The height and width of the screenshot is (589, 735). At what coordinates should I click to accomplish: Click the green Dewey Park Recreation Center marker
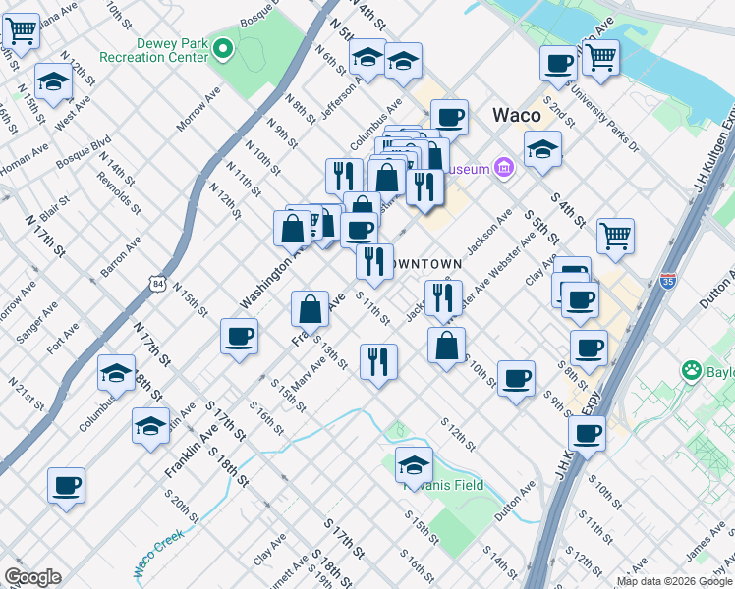223,46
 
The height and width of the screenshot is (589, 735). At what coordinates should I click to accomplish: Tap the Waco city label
517,115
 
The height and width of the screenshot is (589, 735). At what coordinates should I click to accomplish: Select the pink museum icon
505,168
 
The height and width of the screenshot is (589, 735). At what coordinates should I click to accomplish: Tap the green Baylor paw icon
692,371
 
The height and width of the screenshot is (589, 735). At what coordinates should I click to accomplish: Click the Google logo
32,577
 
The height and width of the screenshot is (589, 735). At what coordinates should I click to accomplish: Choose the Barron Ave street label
121,259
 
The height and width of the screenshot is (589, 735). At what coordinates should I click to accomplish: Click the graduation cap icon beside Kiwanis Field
415,463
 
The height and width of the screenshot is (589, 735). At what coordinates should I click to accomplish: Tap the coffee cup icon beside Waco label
450,117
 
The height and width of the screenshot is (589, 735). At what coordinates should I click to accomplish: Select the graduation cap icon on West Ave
53,81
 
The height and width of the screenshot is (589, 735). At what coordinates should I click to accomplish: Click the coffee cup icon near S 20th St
67,484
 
